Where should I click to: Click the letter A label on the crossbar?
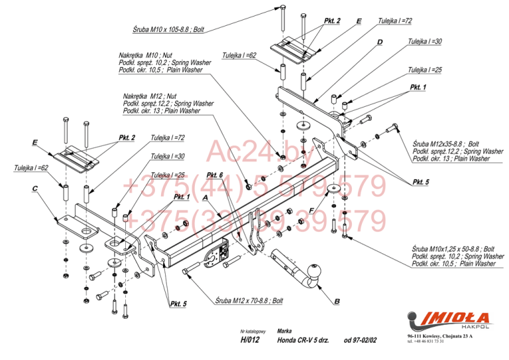pos(205,198)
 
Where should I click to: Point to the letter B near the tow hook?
pos(337,302)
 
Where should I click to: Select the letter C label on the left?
pos(34,188)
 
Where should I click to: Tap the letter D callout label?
pos(380,42)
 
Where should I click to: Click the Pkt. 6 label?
pos(214,175)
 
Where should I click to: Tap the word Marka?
pos(285,330)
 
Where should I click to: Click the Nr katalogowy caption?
pos(253,331)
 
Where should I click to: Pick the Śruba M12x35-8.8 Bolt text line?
pos(445,144)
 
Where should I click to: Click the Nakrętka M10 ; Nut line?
pos(146,55)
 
